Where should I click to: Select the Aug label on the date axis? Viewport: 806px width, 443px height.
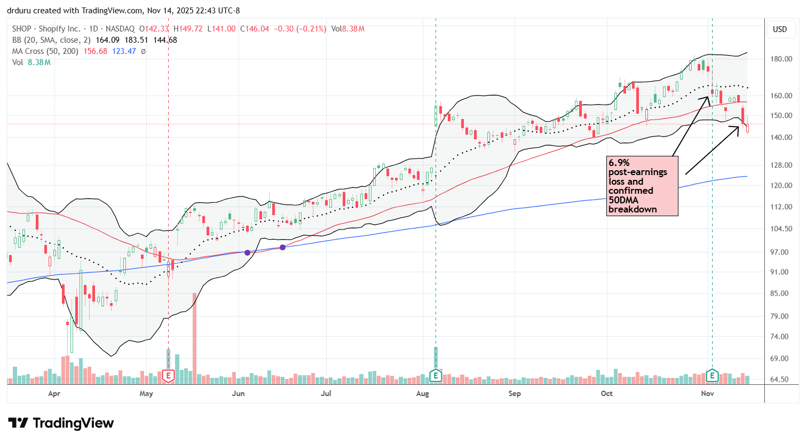(x=422, y=394)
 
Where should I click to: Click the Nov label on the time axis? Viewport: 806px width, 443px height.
(x=707, y=394)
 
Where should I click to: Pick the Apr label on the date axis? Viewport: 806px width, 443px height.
(x=54, y=394)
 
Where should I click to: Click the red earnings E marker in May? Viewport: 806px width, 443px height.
(x=169, y=376)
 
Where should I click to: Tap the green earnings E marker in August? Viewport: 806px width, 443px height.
(x=436, y=376)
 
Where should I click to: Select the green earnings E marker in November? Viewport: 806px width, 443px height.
(x=712, y=376)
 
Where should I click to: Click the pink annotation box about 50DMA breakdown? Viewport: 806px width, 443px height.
(x=642, y=186)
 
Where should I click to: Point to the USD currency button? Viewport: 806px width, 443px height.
(x=780, y=29)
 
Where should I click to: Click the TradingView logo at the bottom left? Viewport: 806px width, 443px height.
(x=61, y=423)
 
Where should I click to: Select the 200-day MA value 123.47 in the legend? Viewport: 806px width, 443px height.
(x=124, y=51)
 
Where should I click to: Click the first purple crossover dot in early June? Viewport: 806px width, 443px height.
(x=248, y=252)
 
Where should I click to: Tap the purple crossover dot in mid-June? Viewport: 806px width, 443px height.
(x=283, y=247)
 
